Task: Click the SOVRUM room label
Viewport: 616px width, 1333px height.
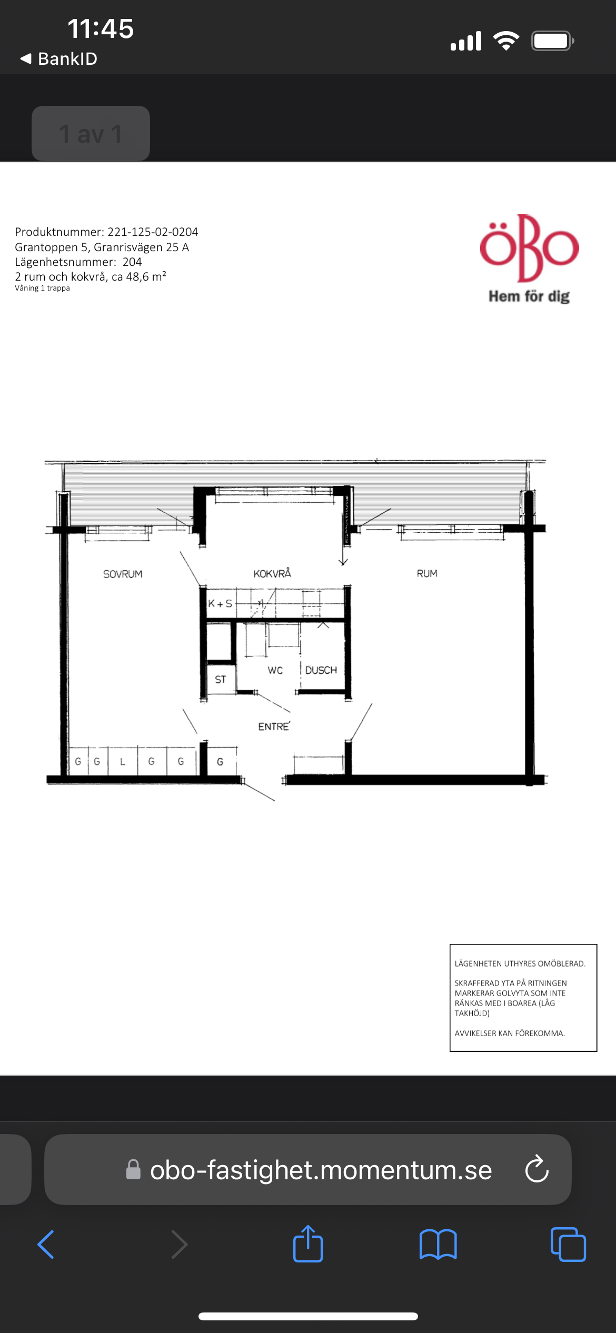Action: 123,574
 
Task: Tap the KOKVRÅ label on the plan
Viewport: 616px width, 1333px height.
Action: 272,573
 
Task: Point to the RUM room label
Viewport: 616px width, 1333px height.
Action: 427,573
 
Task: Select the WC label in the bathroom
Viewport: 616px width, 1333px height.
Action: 275,670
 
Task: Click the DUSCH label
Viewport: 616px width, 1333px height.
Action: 321,670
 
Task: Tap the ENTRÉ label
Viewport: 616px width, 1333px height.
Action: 274,726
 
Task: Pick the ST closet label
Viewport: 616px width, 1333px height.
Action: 221,680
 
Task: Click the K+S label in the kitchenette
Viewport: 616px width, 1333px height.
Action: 220,604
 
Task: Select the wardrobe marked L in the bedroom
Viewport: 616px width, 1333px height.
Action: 123,761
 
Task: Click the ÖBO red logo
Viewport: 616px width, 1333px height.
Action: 529,248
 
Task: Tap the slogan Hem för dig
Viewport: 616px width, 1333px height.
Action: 529,296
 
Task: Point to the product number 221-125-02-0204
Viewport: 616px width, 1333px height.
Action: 153,232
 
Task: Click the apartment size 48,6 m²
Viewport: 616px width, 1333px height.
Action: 146,276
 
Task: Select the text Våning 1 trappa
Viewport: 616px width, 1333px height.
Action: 42,288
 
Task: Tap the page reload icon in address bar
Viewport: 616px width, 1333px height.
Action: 537,1170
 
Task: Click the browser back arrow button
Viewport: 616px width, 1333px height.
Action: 46,1245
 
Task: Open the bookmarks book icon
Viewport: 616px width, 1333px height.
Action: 438,1245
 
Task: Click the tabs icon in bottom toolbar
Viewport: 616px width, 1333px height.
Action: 568,1245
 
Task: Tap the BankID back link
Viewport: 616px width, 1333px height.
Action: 58,58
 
